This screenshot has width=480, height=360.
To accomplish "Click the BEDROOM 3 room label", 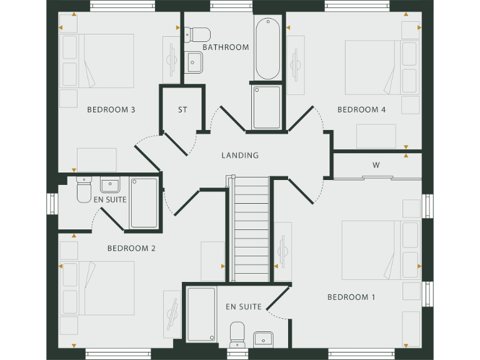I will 111,110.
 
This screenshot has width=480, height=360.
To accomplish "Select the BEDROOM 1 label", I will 351,297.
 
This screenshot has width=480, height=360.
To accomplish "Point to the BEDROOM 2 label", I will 131,248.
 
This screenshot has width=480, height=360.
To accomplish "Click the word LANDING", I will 240,156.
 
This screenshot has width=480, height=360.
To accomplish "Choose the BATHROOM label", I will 226,47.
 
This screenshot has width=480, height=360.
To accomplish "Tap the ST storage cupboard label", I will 182,110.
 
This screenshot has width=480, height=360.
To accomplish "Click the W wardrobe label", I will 376,166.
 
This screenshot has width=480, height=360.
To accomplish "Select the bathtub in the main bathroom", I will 267,48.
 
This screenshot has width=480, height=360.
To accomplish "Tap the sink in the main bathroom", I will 194,61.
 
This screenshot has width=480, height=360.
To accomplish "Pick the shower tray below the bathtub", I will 267,107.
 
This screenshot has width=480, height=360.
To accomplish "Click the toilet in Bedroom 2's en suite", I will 84,190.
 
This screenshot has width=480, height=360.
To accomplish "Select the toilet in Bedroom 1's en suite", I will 237,334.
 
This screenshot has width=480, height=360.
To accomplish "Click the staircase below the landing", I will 250,228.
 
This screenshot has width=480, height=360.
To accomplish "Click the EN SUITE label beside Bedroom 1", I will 244,307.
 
